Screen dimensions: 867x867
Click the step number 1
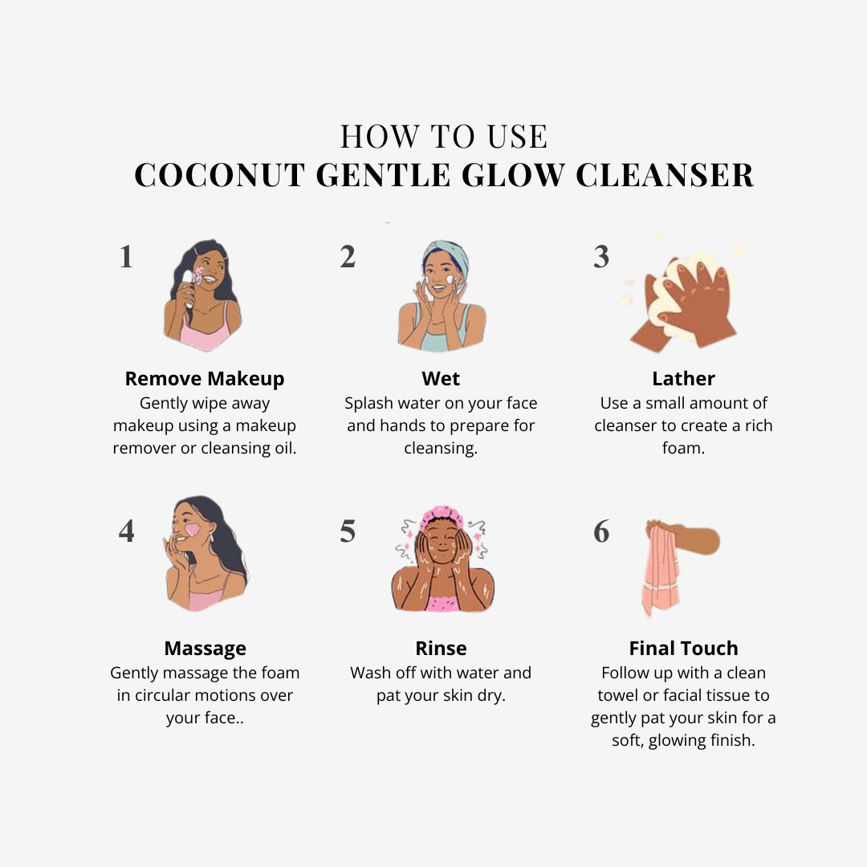(126, 257)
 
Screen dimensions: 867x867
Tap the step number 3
(601, 257)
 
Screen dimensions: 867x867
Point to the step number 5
(348, 531)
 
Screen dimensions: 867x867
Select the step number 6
(601, 531)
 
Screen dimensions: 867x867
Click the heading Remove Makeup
(205, 379)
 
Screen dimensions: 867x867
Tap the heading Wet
(441, 379)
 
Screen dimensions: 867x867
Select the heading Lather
(683, 379)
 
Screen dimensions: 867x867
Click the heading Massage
(206, 649)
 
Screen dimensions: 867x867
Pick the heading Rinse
(441, 648)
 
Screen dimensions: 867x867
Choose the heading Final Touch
(683, 648)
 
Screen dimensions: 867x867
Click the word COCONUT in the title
(219, 175)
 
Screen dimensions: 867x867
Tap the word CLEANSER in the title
(665, 175)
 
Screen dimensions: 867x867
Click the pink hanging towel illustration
(662, 569)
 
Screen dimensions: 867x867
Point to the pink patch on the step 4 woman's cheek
(193, 531)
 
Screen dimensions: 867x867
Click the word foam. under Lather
(683, 448)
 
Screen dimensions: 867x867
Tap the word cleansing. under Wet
(441, 449)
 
